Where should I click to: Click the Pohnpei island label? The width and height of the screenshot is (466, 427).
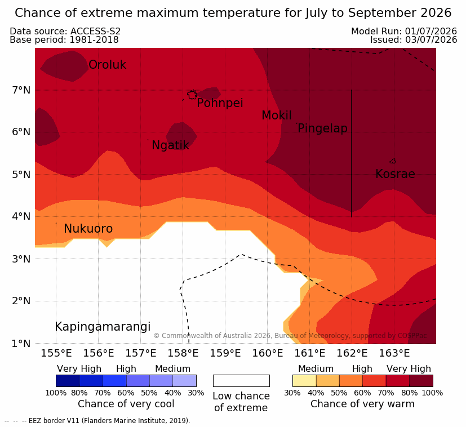tap(220, 103)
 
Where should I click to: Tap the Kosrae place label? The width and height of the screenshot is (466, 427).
tap(395, 174)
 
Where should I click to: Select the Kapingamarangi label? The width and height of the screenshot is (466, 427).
tap(103, 327)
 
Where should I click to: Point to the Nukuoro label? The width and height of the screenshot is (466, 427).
tap(88, 229)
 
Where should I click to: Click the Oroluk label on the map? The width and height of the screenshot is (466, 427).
tap(107, 64)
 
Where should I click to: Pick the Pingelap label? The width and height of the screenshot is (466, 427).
tap(322, 128)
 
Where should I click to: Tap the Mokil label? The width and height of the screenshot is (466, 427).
tap(277, 115)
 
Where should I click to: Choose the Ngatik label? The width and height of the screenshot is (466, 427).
tap(170, 145)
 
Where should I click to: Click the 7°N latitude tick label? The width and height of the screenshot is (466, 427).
tap(21, 90)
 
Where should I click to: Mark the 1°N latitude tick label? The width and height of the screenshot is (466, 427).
tap(21, 344)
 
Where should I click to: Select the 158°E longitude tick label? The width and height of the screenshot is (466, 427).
tap(183, 353)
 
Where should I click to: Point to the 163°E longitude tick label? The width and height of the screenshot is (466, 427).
tap(394, 353)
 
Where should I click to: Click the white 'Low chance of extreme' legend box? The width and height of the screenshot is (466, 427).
tap(241, 381)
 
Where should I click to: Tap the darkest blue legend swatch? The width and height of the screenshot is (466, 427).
tap(68, 381)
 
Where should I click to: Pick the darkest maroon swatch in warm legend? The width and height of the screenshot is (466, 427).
tap(421, 381)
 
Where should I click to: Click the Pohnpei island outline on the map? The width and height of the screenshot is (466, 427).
tap(192, 95)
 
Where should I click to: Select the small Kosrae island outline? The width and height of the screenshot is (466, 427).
tap(393, 161)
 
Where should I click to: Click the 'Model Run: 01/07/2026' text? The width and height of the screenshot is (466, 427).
tap(404, 31)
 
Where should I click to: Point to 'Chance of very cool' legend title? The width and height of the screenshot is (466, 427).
tap(126, 404)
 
